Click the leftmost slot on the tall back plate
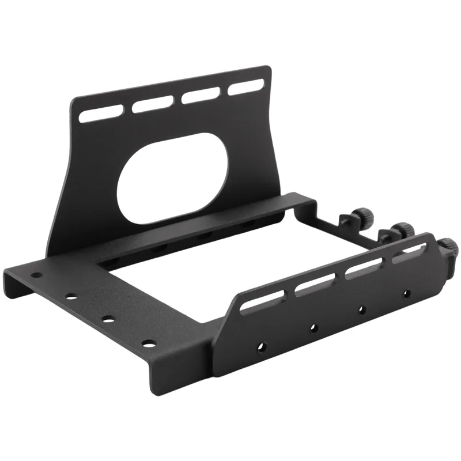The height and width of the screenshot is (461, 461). [x=100, y=112]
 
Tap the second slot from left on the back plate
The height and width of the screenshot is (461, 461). [x=152, y=103]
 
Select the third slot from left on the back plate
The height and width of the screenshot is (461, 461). [x=201, y=95]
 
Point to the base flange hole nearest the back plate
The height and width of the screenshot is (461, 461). [x=35, y=275]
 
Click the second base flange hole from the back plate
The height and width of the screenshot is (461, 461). [x=71, y=297]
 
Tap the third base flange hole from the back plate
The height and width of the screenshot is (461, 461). [x=108, y=318]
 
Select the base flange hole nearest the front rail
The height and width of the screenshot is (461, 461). [x=149, y=343]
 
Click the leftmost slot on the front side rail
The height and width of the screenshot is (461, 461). [x=263, y=301]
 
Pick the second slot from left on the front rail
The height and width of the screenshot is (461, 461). [x=315, y=284]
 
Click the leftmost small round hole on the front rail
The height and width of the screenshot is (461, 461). [x=261, y=347]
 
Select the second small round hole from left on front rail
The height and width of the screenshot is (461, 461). [x=313, y=327]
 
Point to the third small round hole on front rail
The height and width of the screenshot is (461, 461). [x=361, y=309]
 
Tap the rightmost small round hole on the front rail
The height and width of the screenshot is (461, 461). [x=406, y=293]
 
